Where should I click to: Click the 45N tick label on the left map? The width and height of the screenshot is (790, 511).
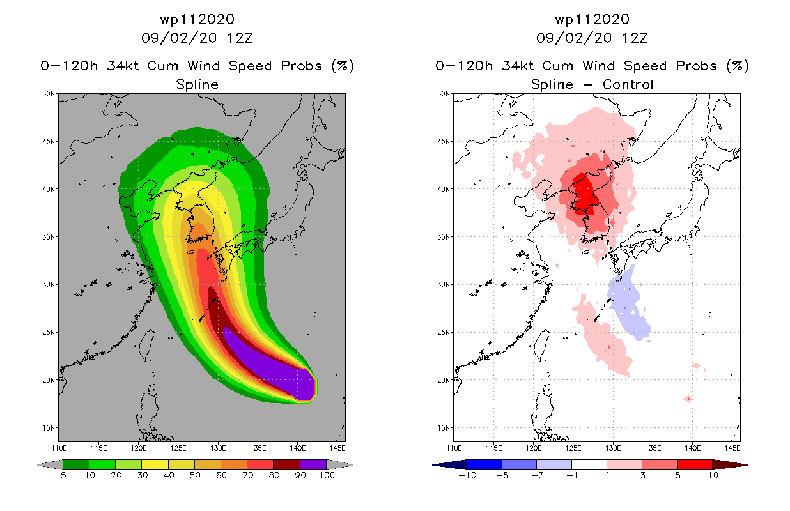pos(49,142)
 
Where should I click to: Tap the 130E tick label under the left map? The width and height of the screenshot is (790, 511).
pos(218,448)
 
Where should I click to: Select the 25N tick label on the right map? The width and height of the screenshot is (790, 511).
pos(444,332)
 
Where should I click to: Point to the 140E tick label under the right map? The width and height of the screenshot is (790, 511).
pos(693,448)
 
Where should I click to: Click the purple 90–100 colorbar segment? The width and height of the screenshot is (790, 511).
pos(313,464)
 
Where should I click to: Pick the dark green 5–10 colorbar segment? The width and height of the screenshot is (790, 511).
pos(76,464)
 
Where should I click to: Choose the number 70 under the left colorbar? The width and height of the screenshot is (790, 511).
pos(248,475)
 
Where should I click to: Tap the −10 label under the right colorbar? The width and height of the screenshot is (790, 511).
pos(467,475)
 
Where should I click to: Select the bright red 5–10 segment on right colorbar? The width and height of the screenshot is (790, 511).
pos(695,464)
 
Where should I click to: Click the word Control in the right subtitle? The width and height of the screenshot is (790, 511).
pos(628,84)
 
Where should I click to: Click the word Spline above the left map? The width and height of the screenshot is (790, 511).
pos(197,85)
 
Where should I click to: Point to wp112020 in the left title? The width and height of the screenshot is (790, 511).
pos(197,19)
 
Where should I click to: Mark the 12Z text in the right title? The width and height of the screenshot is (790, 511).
pos(635,38)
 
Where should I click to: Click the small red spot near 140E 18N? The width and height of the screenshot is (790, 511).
pos(688,399)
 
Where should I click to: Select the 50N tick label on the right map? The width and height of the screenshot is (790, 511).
pos(444,94)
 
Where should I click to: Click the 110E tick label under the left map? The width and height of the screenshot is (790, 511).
pos(59,448)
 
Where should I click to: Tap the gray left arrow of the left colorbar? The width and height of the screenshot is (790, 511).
pos(50,465)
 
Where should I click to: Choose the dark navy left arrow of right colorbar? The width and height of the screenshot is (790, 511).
pos(450,465)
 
